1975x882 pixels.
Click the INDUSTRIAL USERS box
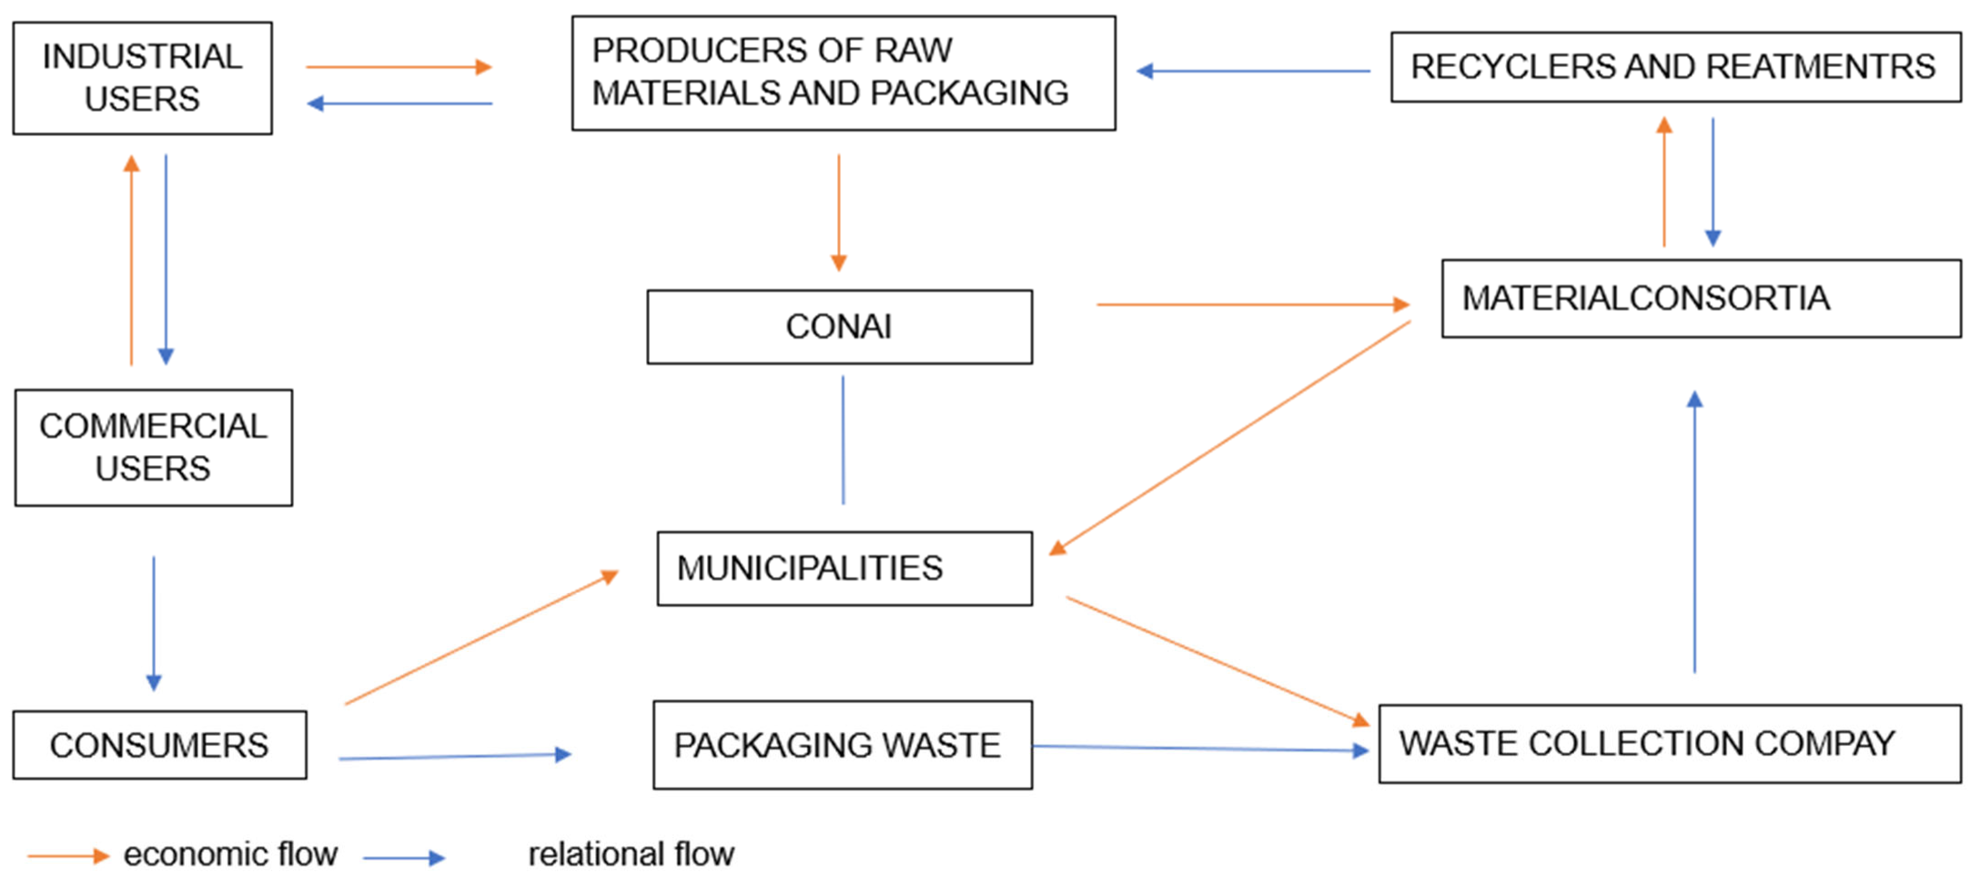click(x=142, y=78)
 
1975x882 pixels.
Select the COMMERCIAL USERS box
click(x=153, y=448)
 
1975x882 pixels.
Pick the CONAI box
click(x=839, y=327)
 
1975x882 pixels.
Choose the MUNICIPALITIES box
click(x=844, y=569)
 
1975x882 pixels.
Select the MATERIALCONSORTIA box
click(x=1701, y=299)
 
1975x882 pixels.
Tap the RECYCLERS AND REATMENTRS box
click(x=1675, y=67)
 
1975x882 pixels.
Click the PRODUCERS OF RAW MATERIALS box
click(x=844, y=73)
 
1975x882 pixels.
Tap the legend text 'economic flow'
click(x=230, y=854)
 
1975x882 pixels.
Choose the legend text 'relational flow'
click(x=631, y=854)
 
